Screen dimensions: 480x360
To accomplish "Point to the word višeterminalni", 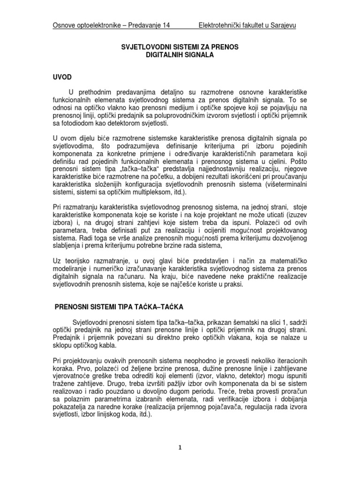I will (286, 185).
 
